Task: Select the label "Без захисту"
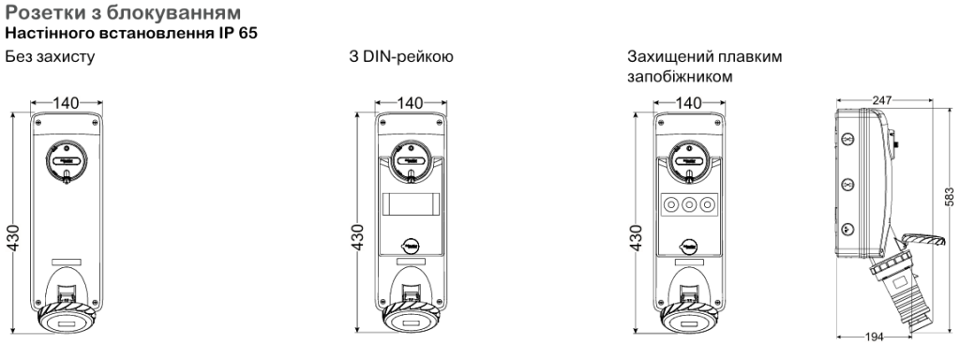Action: pyautogui.click(x=50, y=57)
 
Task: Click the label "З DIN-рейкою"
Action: pyautogui.click(x=401, y=57)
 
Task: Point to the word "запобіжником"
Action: pyautogui.click(x=680, y=77)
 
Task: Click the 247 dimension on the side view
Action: pyautogui.click(x=883, y=100)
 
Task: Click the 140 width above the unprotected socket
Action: pyautogui.click(x=66, y=103)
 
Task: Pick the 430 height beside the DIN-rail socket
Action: pyautogui.click(x=358, y=238)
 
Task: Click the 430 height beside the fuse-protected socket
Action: pyautogui.click(x=637, y=238)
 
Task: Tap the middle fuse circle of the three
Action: pyautogui.click(x=690, y=203)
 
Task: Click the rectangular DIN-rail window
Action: pyautogui.click(x=412, y=202)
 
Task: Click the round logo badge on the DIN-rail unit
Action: pyautogui.click(x=412, y=245)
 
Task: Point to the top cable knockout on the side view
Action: pyautogui.click(x=847, y=141)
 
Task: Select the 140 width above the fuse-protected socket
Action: pyautogui.click(x=689, y=103)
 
